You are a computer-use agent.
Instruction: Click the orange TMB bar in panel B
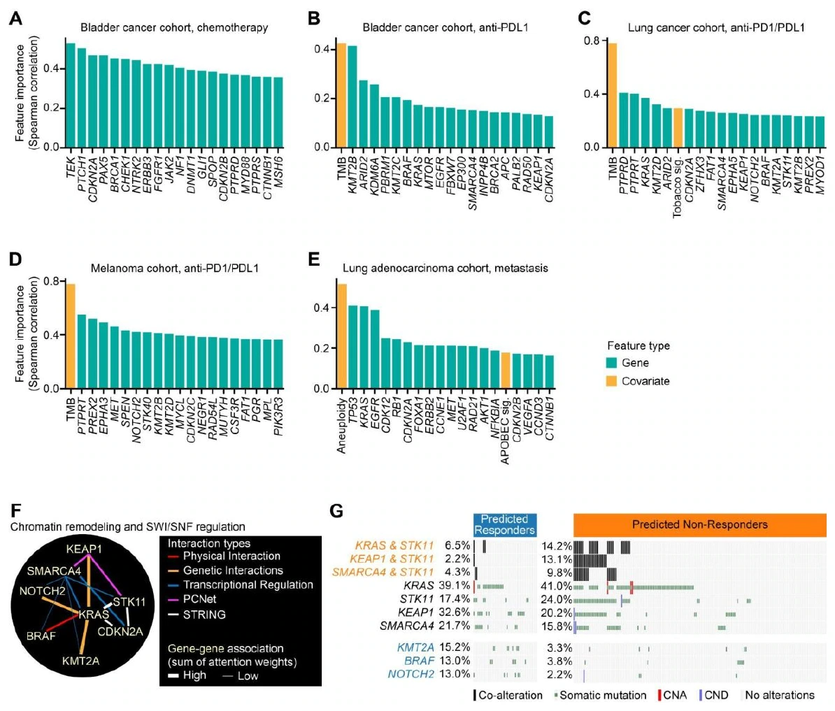(341, 95)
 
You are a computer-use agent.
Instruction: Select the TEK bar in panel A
(71, 95)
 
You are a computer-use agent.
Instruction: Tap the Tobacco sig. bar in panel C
(678, 128)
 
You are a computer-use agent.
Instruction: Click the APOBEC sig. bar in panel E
(506, 371)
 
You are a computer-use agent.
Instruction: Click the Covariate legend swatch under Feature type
(611, 381)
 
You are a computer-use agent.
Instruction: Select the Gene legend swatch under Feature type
(611, 363)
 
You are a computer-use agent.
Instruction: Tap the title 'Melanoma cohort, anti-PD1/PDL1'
(175, 268)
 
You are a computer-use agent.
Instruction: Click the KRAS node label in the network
(94, 615)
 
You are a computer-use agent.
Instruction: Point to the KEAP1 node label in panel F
(84, 549)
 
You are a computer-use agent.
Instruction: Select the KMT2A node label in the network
(81, 661)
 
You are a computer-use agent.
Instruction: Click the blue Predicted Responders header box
(505, 525)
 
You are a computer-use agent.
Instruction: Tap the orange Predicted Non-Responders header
(700, 525)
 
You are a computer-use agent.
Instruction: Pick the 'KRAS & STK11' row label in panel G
(394, 545)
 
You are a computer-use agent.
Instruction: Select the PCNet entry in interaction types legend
(200, 599)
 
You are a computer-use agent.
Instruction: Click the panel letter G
(336, 512)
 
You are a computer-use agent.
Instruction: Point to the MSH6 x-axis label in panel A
(278, 169)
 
